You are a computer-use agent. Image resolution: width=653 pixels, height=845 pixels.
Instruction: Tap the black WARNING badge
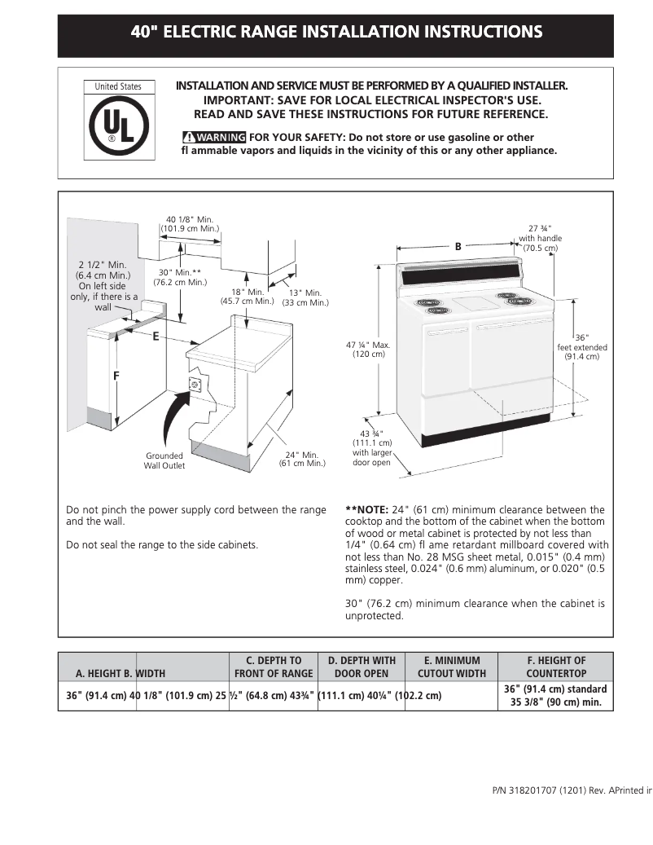click(x=214, y=138)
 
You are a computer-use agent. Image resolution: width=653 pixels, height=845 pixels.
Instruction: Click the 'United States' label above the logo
click(x=118, y=86)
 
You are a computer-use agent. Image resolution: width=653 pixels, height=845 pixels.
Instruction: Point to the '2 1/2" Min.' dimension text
click(x=103, y=265)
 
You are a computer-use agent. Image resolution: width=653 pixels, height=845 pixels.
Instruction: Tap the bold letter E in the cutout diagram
click(x=155, y=337)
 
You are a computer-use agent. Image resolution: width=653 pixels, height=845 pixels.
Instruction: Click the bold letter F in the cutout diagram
click(x=116, y=376)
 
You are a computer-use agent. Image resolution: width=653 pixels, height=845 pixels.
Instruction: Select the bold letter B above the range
click(x=458, y=246)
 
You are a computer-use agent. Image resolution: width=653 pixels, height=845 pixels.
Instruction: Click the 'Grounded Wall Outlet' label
click(x=164, y=460)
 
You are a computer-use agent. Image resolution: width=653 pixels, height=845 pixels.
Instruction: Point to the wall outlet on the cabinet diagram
click(x=195, y=384)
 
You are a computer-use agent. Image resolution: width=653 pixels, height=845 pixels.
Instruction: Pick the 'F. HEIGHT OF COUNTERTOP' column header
click(x=555, y=667)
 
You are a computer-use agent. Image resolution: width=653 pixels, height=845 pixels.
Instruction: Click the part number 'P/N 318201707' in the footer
click(x=525, y=790)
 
